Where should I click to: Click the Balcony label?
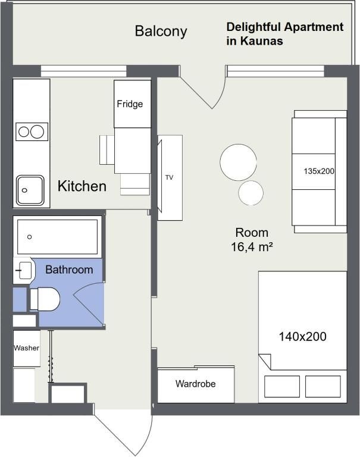point(161,31)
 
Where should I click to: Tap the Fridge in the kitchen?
point(130,104)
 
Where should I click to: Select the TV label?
point(169,177)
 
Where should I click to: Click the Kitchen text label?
point(82,186)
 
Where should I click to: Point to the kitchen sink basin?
point(30,190)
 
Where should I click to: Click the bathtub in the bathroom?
point(57,237)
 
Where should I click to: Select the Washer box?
point(26,348)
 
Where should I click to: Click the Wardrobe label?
point(195,384)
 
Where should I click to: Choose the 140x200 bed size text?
point(302,336)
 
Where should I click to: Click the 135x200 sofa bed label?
point(319,171)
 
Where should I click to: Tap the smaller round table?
point(251,193)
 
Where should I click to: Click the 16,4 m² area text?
point(252,246)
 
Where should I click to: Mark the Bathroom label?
point(69,270)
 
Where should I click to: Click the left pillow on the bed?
point(282,386)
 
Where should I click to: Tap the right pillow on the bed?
point(324,386)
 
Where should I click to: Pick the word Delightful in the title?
point(254,27)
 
